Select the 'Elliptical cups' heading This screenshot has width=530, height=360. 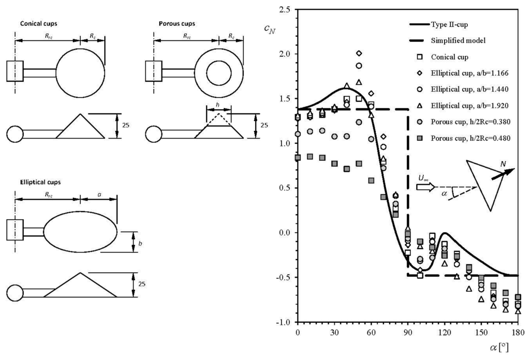pyautogui.click(x=40, y=182)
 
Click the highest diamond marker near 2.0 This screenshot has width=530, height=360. pyautogui.click(x=359, y=53)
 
